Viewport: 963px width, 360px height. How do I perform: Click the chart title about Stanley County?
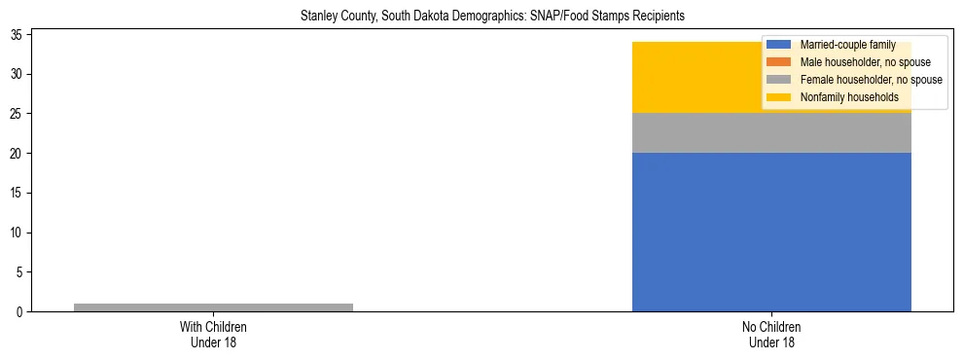(481, 17)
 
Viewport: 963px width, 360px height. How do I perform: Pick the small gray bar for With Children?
(213, 307)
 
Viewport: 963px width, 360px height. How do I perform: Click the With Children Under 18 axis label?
(213, 335)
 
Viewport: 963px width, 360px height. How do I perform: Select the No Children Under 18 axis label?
(771, 335)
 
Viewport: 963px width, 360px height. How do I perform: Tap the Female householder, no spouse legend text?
(871, 80)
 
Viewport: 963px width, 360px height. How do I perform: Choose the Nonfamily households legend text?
(849, 97)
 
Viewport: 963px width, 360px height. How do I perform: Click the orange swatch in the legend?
(779, 62)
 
